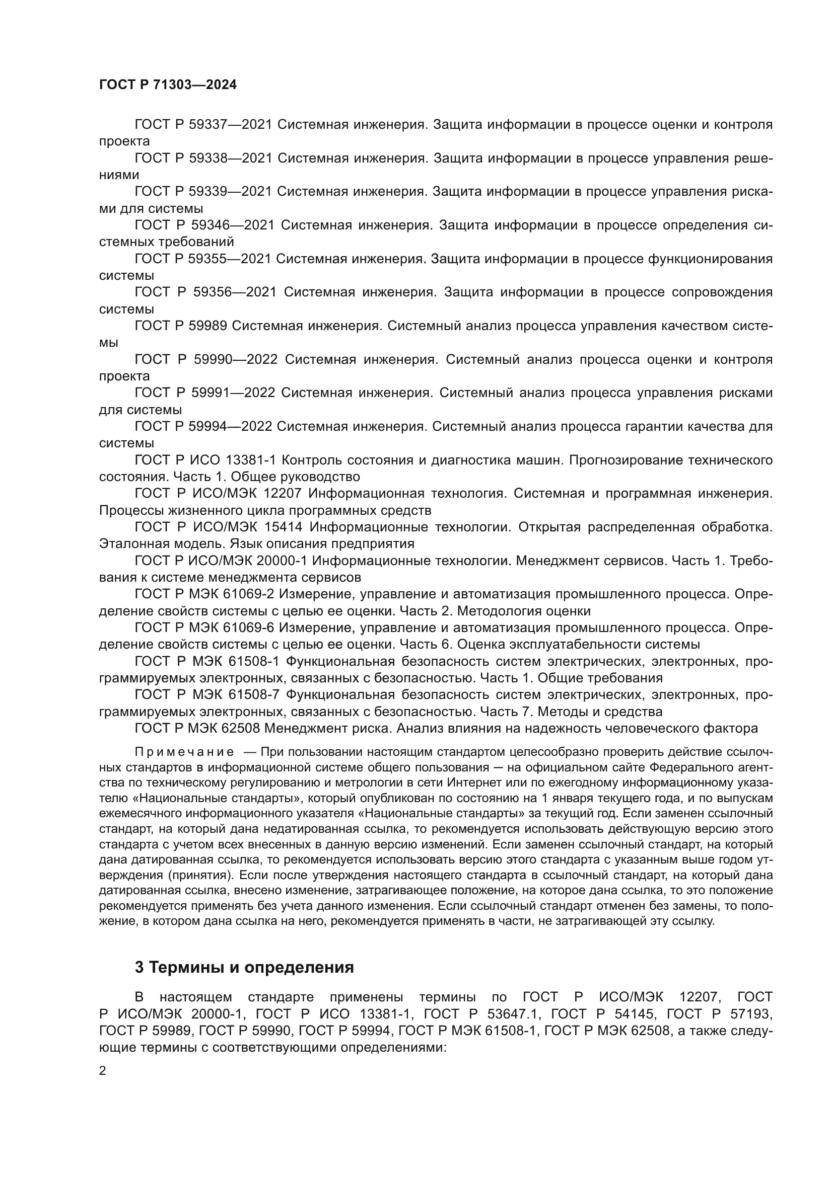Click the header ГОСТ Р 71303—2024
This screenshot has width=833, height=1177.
[168, 85]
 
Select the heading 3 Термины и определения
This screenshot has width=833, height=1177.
[244, 967]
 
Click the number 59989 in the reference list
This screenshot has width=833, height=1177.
[209, 326]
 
